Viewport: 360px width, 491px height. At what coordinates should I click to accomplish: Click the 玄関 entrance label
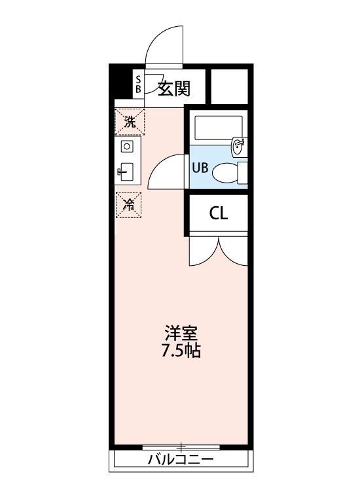[x=173, y=87]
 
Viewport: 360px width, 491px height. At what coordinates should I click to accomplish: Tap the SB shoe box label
[x=138, y=84]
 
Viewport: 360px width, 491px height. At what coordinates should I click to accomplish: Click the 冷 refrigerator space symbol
[x=129, y=204]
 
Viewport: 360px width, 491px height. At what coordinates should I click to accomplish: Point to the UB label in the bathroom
[x=200, y=167]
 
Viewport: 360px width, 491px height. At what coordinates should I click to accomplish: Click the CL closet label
[x=219, y=214]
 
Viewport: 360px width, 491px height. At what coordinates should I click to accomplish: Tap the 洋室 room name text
[x=181, y=333]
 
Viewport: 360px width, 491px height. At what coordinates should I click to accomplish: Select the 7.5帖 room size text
[x=181, y=351]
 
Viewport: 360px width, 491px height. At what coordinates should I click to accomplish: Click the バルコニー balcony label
[x=180, y=460]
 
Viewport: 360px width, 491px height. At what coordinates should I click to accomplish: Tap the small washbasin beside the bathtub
[x=239, y=145]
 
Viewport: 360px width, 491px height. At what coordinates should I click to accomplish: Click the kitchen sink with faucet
[x=126, y=172]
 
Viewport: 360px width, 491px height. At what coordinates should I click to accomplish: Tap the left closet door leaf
[x=202, y=252]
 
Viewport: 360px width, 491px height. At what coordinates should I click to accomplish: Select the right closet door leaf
[x=234, y=252]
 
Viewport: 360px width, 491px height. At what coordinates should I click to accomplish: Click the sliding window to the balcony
[x=181, y=447]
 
